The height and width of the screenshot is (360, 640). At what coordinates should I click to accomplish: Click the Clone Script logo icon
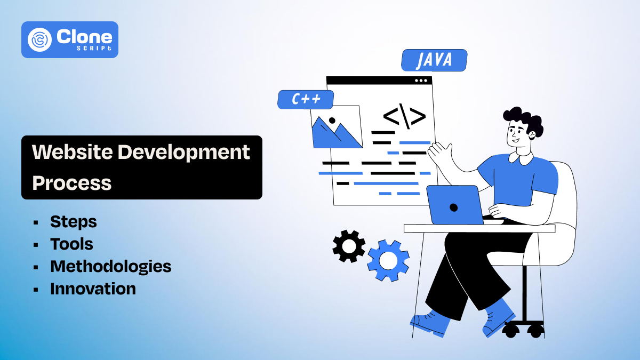coord(41,39)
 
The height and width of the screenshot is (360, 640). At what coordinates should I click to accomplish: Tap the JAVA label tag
coord(434,60)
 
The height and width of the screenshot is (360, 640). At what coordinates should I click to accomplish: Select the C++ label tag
coord(306,99)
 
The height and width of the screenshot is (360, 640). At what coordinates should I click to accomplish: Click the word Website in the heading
coord(71,152)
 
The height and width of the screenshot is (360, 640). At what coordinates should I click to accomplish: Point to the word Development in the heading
coord(183,153)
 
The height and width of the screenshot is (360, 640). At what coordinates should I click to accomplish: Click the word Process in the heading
coord(71,183)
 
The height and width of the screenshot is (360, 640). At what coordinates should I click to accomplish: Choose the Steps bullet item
coord(74,221)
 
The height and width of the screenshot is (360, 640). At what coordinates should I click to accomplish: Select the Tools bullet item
coord(71,244)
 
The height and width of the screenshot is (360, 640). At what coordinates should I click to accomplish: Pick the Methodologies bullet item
coord(110,266)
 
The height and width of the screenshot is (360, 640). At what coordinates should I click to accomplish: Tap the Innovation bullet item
coord(93,289)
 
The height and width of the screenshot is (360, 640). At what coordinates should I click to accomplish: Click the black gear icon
coord(349,246)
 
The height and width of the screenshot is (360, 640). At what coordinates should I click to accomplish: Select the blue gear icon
coord(388,261)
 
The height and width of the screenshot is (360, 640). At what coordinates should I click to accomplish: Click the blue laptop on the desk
coord(454,205)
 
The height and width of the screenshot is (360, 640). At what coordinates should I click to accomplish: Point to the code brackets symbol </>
coord(404,117)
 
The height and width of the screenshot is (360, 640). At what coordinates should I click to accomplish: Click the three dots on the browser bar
coord(421,81)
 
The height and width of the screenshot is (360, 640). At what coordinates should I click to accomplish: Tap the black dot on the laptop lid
coord(453,207)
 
